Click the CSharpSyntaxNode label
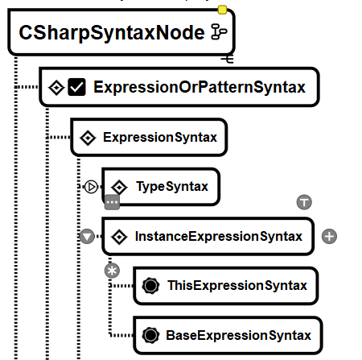(112, 33)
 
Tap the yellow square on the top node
(222, 10)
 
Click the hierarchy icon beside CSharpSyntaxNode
(219, 31)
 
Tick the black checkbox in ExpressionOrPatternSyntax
(76, 87)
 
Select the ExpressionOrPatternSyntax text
(200, 87)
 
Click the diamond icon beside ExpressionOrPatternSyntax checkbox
(56, 87)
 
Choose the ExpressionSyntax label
(160, 137)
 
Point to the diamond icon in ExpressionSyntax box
(88, 138)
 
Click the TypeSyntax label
(172, 186)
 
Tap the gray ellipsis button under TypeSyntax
(112, 202)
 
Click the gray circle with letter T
(304, 202)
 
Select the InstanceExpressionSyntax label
(219, 236)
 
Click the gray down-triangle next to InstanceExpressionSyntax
(87, 237)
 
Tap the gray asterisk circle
(112, 271)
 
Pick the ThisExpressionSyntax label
(237, 285)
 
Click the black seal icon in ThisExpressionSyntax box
(150, 285)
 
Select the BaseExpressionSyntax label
(238, 335)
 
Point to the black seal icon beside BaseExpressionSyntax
(150, 335)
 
